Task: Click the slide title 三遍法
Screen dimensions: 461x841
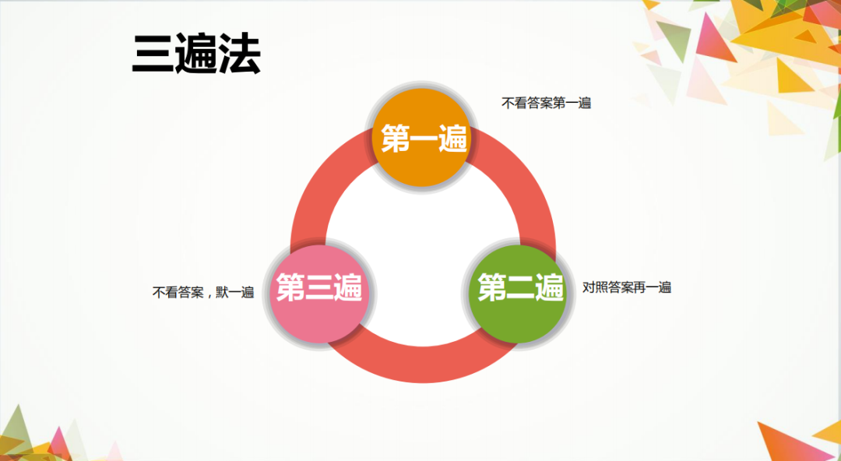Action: (196, 55)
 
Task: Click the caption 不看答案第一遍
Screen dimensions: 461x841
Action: (546, 103)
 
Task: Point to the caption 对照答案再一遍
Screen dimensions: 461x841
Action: (627, 287)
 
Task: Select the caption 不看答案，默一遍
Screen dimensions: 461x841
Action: (203, 293)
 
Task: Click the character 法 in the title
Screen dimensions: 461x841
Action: (239, 55)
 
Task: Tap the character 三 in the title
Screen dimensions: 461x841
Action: (153, 55)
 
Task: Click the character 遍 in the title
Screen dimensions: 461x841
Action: (196, 55)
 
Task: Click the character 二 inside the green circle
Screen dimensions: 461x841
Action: (520, 288)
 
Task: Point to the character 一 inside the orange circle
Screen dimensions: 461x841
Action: (424, 140)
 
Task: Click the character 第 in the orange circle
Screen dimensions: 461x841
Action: (396, 140)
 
